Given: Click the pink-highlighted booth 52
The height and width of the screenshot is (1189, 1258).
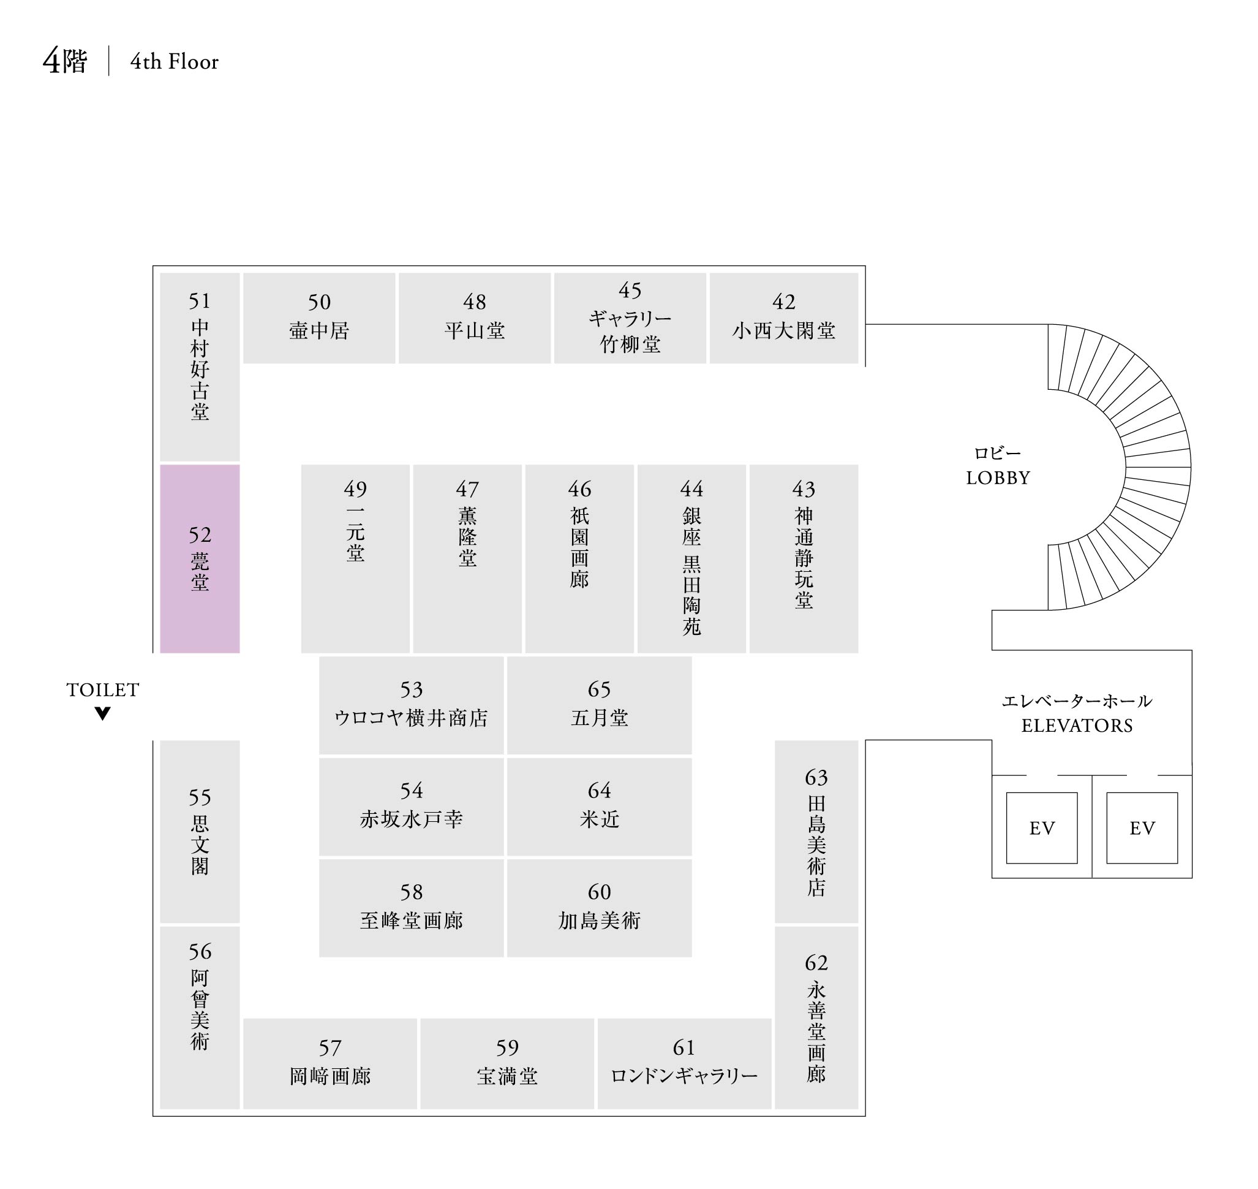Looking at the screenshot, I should tap(200, 558).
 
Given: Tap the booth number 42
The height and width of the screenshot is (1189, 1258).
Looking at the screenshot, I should tap(783, 302).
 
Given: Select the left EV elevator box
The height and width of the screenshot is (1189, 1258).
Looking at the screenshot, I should tap(1041, 828).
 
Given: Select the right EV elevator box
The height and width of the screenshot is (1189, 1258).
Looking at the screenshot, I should tap(1142, 828).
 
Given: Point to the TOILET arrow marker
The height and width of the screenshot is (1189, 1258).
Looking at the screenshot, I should tap(103, 713).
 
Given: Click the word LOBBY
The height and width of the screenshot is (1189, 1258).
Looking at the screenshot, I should tap(998, 478).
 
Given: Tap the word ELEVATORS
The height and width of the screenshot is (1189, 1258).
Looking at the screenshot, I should tap(1077, 726).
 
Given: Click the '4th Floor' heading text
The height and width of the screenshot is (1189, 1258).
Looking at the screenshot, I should tap(174, 61).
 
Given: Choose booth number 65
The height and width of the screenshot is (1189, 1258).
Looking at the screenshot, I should tap(599, 689).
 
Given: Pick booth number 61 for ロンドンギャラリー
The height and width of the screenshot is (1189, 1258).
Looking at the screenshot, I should tap(684, 1047).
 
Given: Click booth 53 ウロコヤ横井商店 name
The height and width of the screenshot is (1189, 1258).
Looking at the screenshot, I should tap(411, 718).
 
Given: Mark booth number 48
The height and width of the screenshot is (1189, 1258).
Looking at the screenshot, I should tap(475, 302).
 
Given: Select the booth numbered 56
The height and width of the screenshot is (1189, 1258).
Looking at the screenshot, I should tap(200, 951).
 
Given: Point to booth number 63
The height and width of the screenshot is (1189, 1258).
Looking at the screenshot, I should tap(816, 777).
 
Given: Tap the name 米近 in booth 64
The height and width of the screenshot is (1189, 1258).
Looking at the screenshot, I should tap(599, 819).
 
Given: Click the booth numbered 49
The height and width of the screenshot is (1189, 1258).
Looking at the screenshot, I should tap(355, 488).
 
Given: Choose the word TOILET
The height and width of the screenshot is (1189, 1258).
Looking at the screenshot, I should tap(103, 689).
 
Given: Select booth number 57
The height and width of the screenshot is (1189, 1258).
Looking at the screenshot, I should tap(330, 1047).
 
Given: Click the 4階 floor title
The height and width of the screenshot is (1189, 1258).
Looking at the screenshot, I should tap(64, 61).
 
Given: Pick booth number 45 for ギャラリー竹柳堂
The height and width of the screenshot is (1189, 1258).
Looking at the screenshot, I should tap(630, 291).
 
